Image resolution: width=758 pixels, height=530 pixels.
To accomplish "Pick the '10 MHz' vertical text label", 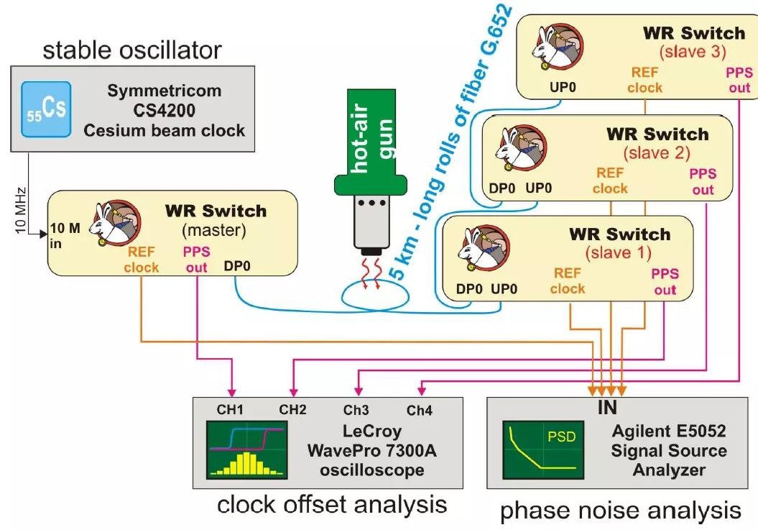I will [22, 209].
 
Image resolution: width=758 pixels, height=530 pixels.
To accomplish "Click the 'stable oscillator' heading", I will [132, 50].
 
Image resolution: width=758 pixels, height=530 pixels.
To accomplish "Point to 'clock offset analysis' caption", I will [332, 504].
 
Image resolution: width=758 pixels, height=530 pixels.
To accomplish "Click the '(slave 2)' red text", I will [657, 152].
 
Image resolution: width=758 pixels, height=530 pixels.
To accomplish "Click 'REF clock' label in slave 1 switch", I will [568, 280].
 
